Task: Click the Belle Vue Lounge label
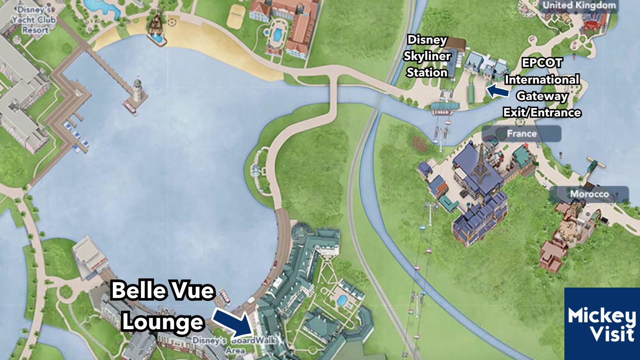(x=162, y=306)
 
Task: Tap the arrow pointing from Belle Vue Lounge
(x=234, y=322)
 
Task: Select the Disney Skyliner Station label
(x=426, y=56)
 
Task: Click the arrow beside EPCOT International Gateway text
(x=497, y=90)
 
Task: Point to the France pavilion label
(x=521, y=134)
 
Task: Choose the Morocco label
(x=589, y=194)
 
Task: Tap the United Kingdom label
(x=579, y=6)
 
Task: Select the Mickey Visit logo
(x=602, y=324)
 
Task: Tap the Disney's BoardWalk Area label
(x=234, y=345)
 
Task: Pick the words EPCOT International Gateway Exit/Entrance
(x=542, y=88)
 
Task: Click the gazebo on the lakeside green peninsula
(x=256, y=170)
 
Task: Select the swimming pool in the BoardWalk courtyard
(x=341, y=300)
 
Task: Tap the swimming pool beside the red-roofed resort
(x=277, y=34)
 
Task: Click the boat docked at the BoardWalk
(x=225, y=296)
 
